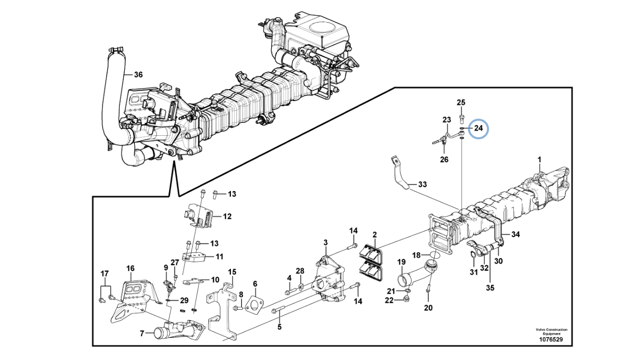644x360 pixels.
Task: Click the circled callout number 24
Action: [x=478, y=128]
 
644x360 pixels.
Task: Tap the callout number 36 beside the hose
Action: [x=138, y=75]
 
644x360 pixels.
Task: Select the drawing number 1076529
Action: [x=551, y=339]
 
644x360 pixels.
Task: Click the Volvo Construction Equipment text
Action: [x=551, y=331]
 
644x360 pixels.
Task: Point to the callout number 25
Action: [x=461, y=102]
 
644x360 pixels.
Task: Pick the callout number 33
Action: [x=422, y=184]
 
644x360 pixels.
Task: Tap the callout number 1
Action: [x=539, y=159]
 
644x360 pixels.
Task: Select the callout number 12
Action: [x=227, y=216]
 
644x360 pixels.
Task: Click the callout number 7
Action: [x=142, y=333]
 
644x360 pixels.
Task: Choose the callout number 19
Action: [x=401, y=262]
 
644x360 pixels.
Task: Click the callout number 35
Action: [x=490, y=288]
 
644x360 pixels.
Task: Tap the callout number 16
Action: [x=130, y=268]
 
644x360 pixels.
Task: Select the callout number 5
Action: [x=279, y=327]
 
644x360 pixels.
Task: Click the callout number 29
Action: [x=184, y=301]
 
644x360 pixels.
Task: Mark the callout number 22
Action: [x=389, y=300]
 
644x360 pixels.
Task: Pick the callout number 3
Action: [x=325, y=242]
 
